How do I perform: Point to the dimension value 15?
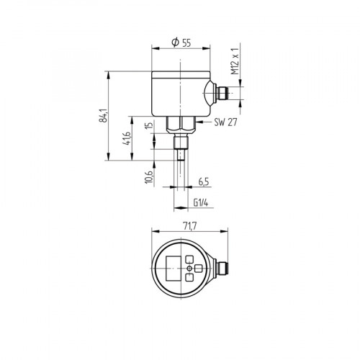coord(148,127)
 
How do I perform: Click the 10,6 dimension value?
coord(148,176)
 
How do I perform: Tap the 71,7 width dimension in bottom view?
coord(189,226)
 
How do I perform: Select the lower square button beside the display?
coord(190,276)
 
